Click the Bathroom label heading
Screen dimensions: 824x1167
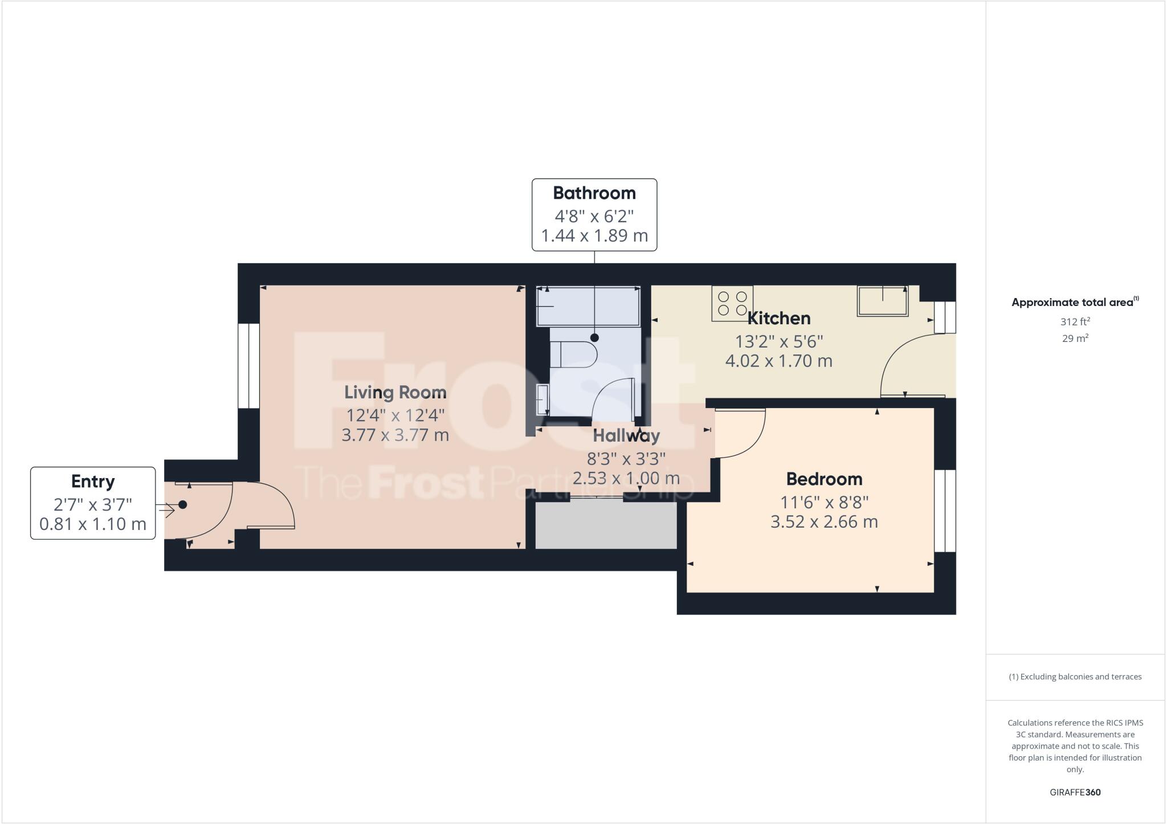pyautogui.click(x=594, y=193)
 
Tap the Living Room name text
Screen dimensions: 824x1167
pyautogui.click(x=395, y=393)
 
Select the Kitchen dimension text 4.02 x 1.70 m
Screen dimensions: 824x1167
pyautogui.click(x=778, y=361)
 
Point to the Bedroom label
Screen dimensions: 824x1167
pyautogui.click(x=824, y=479)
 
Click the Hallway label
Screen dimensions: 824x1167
pyautogui.click(x=626, y=436)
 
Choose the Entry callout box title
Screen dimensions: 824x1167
pyautogui.click(x=93, y=482)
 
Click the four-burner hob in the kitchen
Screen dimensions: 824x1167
pyautogui.click(x=732, y=303)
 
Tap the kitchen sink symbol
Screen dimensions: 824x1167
pyautogui.click(x=883, y=301)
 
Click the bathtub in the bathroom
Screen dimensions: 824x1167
pyautogui.click(x=588, y=307)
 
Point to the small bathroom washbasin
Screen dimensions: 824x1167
pyautogui.click(x=543, y=399)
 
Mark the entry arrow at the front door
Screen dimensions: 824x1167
pyautogui.click(x=166, y=510)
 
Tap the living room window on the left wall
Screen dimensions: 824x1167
pyautogui.click(x=248, y=366)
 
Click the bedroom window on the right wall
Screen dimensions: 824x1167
pyautogui.click(x=945, y=511)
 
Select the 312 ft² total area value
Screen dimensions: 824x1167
pyautogui.click(x=1075, y=322)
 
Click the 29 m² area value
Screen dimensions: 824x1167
pyautogui.click(x=1075, y=338)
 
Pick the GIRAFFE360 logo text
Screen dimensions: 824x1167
pyautogui.click(x=1075, y=792)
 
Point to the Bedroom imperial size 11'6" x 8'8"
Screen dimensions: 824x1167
pyautogui.click(x=824, y=503)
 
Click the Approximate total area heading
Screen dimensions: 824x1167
pyautogui.click(x=1074, y=303)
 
